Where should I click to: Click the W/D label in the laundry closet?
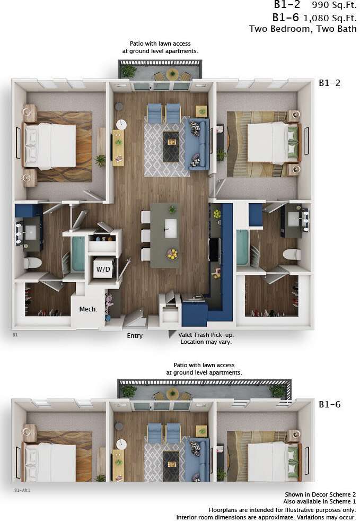click(103, 270)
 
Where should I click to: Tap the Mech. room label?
click(88, 309)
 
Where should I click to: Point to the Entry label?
click(135, 336)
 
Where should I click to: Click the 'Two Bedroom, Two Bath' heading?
click(303, 29)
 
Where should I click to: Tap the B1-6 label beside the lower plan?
click(329, 404)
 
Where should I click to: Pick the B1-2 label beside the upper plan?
click(329, 83)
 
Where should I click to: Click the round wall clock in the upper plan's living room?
click(121, 124)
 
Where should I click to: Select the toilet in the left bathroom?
click(33, 262)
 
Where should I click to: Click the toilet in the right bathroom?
click(292, 254)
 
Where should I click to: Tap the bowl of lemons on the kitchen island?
click(172, 254)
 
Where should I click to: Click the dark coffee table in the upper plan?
click(171, 146)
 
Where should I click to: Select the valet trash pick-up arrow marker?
click(172, 334)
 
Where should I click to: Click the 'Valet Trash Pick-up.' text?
click(206, 335)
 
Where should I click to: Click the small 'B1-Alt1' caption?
click(22, 491)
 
